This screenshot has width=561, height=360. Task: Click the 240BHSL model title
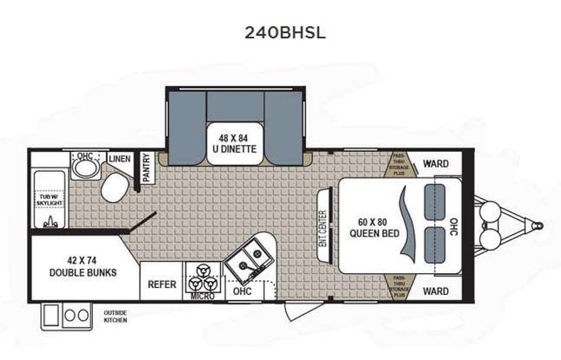[280, 33]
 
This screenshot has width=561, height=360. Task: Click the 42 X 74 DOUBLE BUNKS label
[84, 266]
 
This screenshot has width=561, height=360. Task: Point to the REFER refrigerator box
[162, 284]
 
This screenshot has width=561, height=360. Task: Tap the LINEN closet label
[120, 159]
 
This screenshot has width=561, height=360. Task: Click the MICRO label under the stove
[203, 296]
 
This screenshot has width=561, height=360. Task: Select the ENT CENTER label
[322, 228]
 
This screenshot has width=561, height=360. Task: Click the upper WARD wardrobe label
[435, 163]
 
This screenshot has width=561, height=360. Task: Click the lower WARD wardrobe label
[435, 291]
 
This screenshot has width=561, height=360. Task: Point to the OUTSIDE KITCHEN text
[115, 316]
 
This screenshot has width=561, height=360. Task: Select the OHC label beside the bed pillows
[454, 227]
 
